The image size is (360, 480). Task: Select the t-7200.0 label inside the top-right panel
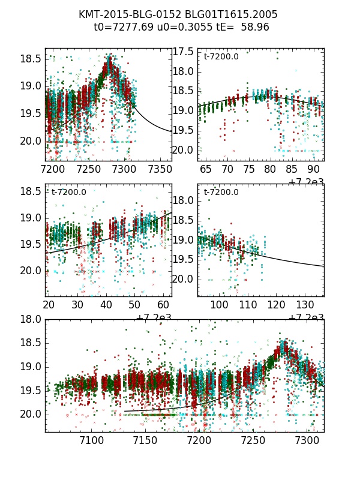tap(221, 56)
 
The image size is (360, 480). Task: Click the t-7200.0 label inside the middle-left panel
tap(69, 192)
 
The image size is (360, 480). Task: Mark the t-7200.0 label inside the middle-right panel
tap(221, 192)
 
